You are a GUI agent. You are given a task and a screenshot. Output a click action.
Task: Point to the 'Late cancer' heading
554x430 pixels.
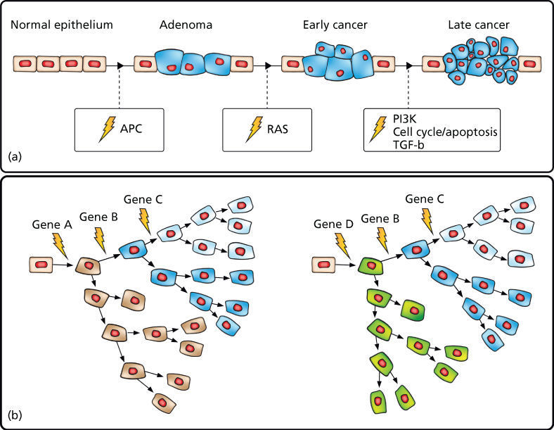[x=479, y=26]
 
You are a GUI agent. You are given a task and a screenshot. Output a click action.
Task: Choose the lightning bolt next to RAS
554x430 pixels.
[x=252, y=129]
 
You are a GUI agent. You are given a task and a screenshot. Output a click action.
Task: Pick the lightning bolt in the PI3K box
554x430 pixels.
[x=380, y=127]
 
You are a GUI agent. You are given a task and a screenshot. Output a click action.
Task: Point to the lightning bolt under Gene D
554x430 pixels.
[x=344, y=245]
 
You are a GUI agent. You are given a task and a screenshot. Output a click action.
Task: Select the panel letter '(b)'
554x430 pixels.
[x=15, y=415]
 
